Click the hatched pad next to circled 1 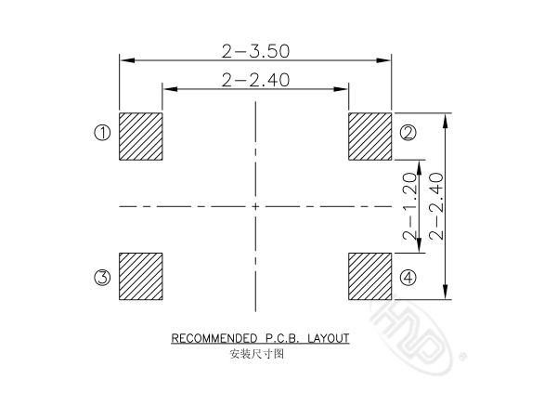coord(141,137)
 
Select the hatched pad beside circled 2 coord(369,137)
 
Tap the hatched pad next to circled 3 coord(141,276)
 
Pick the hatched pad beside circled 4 coord(369,276)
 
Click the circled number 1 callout coord(102,133)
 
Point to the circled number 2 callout coord(408,133)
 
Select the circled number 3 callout coord(102,277)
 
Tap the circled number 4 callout coord(408,277)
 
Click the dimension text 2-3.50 coord(255,51)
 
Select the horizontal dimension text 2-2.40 coord(255,80)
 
